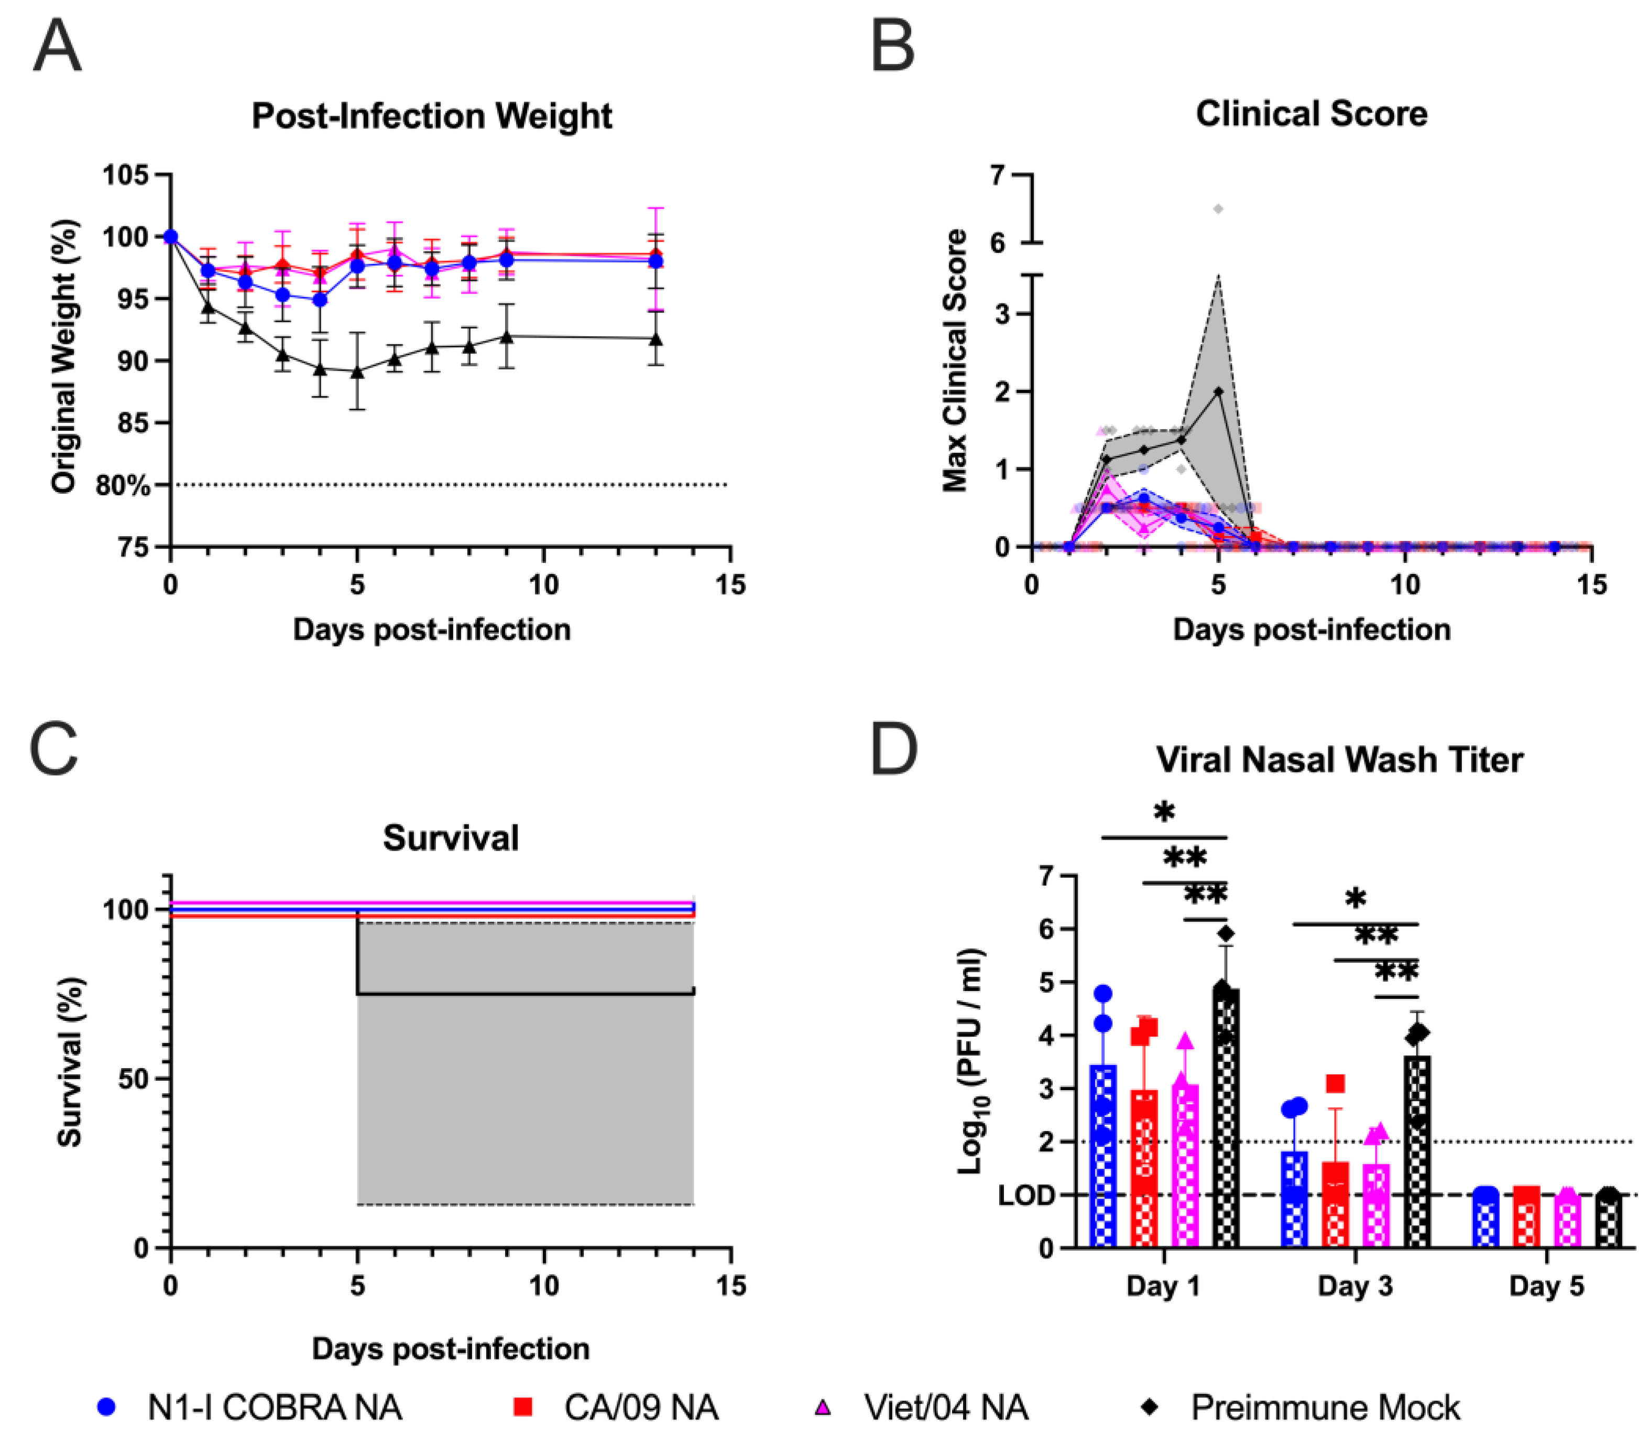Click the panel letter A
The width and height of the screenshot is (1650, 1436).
tap(57, 47)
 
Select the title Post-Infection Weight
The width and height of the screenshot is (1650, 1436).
tap(432, 116)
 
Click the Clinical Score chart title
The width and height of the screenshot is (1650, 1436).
tap(1311, 114)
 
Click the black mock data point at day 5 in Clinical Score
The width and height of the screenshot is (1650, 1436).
tap(1218, 391)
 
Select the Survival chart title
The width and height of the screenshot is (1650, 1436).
tap(451, 838)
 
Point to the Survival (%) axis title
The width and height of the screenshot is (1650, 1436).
tap(71, 1062)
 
